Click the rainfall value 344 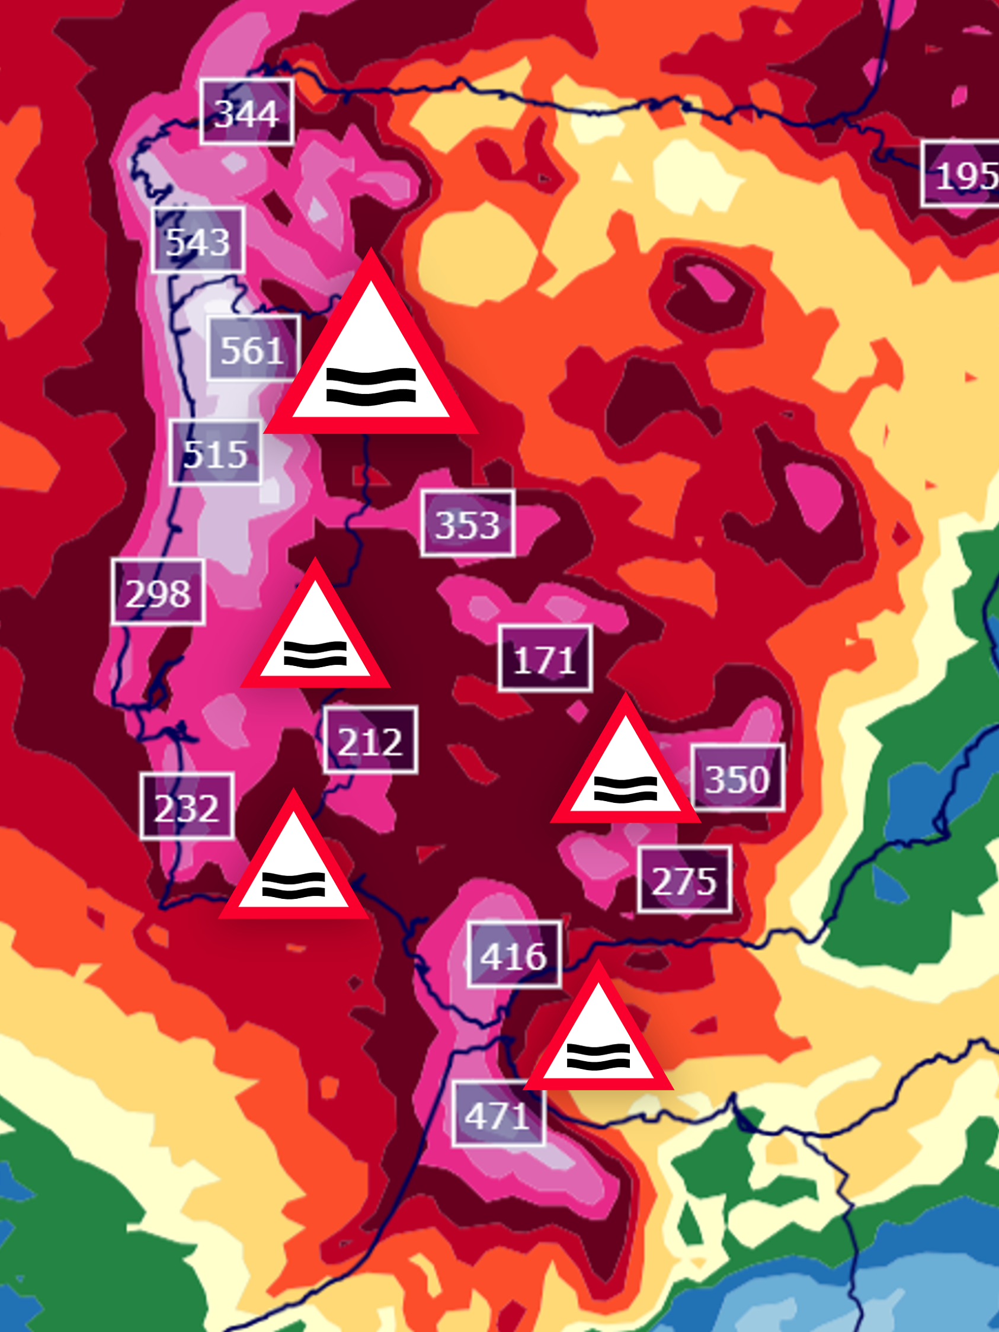click(x=246, y=112)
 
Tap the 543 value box click(x=197, y=240)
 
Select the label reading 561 click(x=253, y=348)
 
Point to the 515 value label click(x=215, y=452)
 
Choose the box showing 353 click(x=468, y=523)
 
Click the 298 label click(x=158, y=593)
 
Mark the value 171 click(x=545, y=659)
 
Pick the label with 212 click(x=370, y=740)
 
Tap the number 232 click(x=187, y=806)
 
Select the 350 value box click(x=738, y=778)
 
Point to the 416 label click(x=514, y=955)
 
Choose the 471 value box click(x=498, y=1114)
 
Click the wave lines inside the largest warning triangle click(x=371, y=386)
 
